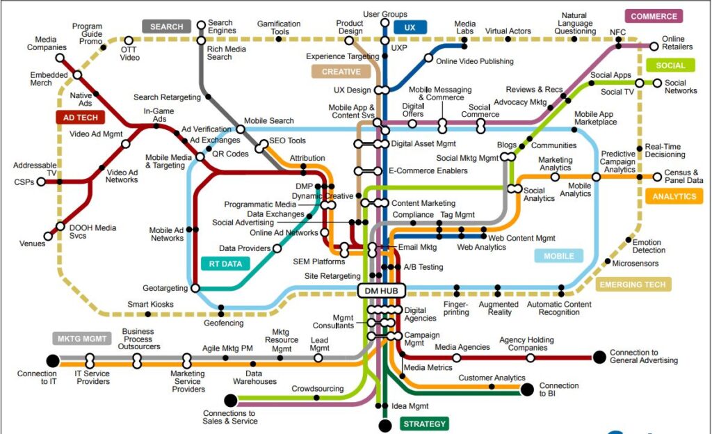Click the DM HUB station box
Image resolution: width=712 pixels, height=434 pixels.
click(x=382, y=291)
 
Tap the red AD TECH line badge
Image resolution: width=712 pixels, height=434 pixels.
click(x=81, y=118)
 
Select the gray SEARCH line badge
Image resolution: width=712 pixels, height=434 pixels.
click(x=167, y=27)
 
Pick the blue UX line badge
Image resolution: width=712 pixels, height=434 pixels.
click(x=410, y=27)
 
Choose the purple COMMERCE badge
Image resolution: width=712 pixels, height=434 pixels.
click(x=654, y=16)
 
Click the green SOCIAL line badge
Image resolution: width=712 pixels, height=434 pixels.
click(x=670, y=65)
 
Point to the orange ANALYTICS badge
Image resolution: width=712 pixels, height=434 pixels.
click(x=674, y=197)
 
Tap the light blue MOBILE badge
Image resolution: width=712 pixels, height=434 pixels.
click(x=558, y=256)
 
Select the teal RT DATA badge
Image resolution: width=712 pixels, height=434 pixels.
click(x=225, y=264)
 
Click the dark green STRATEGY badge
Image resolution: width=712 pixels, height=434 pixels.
click(x=424, y=424)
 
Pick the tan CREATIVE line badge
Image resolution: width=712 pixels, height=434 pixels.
click(x=341, y=72)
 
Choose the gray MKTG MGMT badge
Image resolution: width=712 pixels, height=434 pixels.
click(x=82, y=339)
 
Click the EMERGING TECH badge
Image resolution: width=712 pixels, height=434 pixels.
click(x=633, y=284)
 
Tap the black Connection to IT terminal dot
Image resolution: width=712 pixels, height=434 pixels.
click(x=53, y=361)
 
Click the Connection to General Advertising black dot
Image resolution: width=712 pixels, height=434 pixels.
click(x=599, y=357)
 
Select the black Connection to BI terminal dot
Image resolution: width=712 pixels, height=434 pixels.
click(x=527, y=389)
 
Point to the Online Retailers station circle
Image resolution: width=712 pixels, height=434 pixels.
click(x=654, y=46)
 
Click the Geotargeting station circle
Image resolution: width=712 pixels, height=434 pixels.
click(x=195, y=288)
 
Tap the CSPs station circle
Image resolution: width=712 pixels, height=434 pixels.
click(x=41, y=182)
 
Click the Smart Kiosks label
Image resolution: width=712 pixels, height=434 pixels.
click(x=150, y=304)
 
